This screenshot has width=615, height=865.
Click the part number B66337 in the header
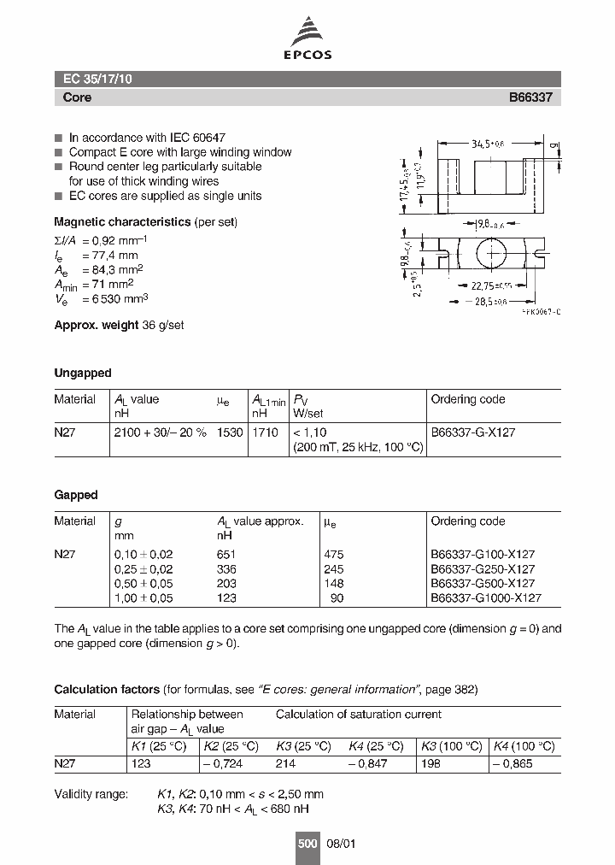click(x=530, y=97)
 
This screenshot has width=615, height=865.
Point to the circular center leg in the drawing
click(x=491, y=255)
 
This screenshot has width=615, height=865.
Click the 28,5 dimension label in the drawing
click(x=489, y=302)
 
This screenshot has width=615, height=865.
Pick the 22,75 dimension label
click(x=493, y=287)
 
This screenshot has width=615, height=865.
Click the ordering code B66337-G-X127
click(x=472, y=432)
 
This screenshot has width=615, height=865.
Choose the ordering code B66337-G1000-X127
click(x=485, y=598)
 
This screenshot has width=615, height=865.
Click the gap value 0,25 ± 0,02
click(x=143, y=568)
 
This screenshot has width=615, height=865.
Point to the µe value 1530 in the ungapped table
click(x=230, y=432)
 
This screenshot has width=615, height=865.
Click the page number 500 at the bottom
click(x=307, y=843)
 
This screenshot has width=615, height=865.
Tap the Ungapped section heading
click(x=83, y=373)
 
